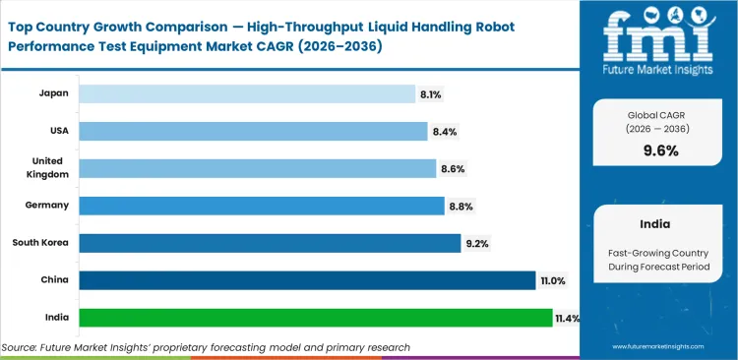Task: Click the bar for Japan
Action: [x=246, y=93]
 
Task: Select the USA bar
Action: [x=253, y=131]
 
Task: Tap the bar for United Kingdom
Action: [x=257, y=168]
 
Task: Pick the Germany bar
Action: [x=261, y=206]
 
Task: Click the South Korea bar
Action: [x=269, y=243]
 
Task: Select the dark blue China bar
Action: [x=306, y=280]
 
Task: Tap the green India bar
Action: [x=315, y=318]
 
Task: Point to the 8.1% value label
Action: [x=431, y=94]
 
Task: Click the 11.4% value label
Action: [x=568, y=319]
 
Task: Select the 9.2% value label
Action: [x=477, y=244]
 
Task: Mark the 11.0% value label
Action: [x=552, y=281]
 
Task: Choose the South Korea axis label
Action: [x=39, y=243]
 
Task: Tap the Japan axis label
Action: [x=52, y=93]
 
